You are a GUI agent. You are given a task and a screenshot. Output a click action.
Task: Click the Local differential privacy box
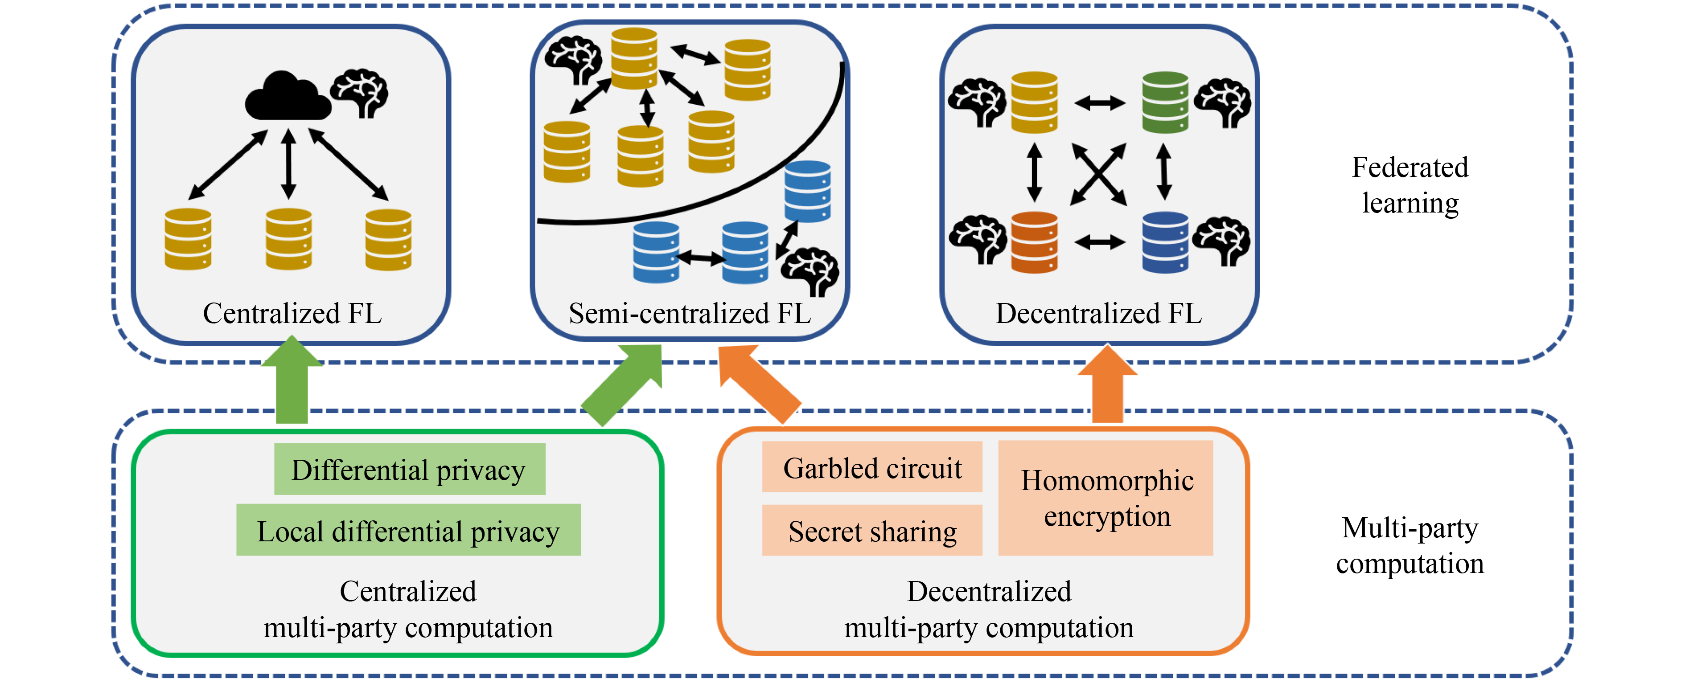coord(408,530)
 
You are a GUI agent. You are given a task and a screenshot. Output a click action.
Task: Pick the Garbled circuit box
coord(872,467)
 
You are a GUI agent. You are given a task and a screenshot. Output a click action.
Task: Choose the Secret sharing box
coord(872,530)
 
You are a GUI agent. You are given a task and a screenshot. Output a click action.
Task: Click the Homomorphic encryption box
coord(1106,498)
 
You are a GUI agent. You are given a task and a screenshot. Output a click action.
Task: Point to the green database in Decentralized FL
coord(1165,102)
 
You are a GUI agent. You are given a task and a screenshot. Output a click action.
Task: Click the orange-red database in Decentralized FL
coord(1034,242)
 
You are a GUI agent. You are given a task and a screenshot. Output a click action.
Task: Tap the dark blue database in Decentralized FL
coord(1165,242)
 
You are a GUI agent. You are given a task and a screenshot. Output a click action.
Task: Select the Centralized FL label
coord(292,314)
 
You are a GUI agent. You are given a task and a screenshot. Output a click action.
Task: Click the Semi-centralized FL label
coord(690,314)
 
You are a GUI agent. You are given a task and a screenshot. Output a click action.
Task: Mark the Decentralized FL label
coord(1099,314)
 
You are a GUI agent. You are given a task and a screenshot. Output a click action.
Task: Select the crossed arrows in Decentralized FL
coord(1099,175)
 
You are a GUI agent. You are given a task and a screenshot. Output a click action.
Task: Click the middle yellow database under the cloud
coord(288,238)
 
